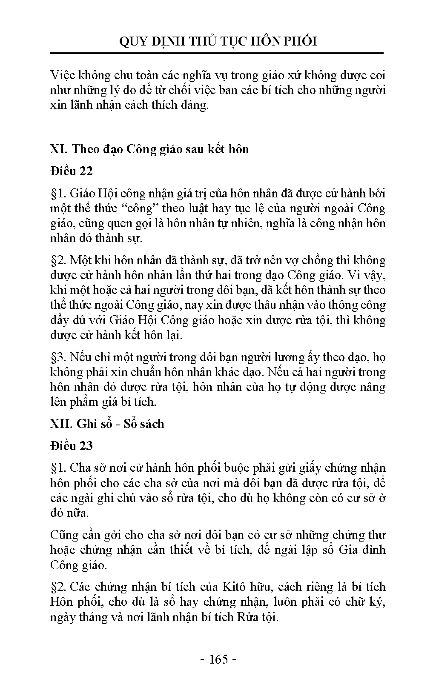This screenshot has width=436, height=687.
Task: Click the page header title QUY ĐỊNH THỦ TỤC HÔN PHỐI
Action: (218, 41)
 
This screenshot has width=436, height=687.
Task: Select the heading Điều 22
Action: (71, 171)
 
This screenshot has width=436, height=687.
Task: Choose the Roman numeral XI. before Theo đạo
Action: (59, 149)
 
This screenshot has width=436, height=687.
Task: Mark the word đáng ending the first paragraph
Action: (195, 105)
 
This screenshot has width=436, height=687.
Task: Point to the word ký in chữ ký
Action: (378, 602)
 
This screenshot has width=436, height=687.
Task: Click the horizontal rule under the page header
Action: (218, 54)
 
